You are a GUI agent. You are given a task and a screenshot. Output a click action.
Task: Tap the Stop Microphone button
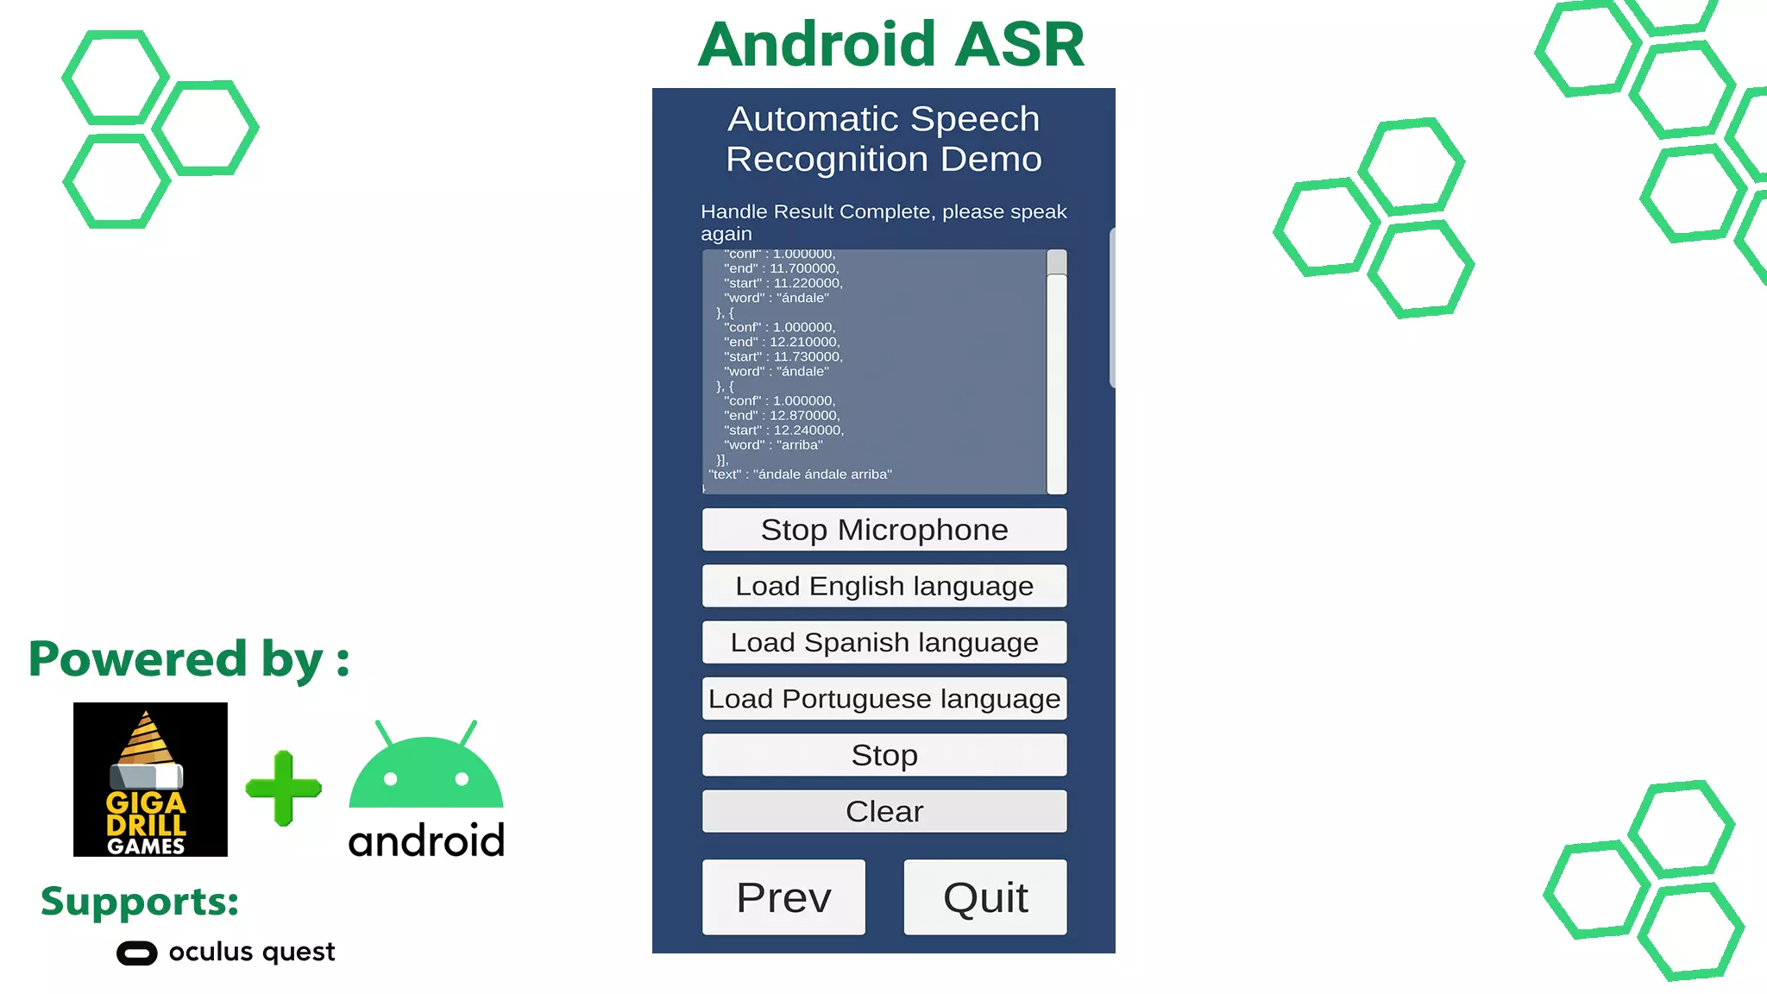click(884, 529)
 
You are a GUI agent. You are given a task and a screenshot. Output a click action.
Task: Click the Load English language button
click(884, 586)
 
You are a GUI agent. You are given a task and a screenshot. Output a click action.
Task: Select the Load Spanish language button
click(884, 642)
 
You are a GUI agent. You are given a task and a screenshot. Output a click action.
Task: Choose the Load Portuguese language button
click(884, 699)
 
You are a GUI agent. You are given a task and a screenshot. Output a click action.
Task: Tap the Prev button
click(783, 897)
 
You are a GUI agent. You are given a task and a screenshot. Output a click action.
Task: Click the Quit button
click(985, 897)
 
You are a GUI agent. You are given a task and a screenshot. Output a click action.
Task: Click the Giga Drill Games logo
click(150, 779)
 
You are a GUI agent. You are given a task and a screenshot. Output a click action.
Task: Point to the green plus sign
click(284, 788)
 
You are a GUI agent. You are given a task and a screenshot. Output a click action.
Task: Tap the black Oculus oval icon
click(137, 953)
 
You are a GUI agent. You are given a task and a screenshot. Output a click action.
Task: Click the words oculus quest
click(252, 952)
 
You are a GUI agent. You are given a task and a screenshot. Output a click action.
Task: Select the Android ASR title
click(890, 44)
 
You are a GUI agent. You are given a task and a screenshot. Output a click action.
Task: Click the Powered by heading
click(189, 660)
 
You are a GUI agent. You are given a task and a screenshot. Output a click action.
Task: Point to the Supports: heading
click(140, 902)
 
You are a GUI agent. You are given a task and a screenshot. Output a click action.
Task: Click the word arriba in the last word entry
click(800, 445)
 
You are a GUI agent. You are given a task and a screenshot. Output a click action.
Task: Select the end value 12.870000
click(803, 416)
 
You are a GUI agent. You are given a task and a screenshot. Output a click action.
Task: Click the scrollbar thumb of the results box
click(1057, 262)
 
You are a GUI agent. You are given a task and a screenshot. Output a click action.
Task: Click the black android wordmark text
click(426, 840)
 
